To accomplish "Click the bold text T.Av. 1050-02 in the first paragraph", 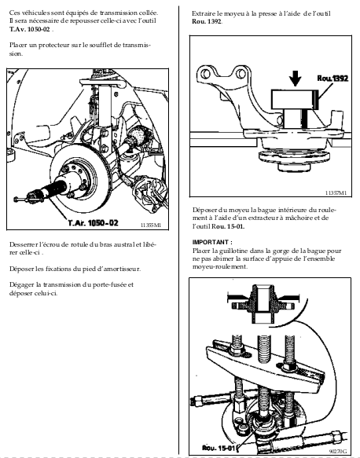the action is [x=30, y=29].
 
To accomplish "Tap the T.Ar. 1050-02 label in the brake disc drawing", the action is [x=94, y=223].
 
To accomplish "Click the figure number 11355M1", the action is [x=150, y=225].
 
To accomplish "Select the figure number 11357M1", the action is [x=336, y=192].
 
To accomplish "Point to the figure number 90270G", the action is [x=338, y=451].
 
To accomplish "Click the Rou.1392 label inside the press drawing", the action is [x=332, y=79].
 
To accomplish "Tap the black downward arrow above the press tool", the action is [x=296, y=79].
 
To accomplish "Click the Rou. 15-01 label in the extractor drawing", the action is [x=219, y=448].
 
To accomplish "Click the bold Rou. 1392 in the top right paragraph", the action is [x=207, y=22].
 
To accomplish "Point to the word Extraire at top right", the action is [x=203, y=13].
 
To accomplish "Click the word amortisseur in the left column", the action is [x=123, y=269].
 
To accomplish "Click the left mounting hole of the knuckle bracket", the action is [x=205, y=74].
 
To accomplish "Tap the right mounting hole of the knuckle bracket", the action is [x=241, y=74].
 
